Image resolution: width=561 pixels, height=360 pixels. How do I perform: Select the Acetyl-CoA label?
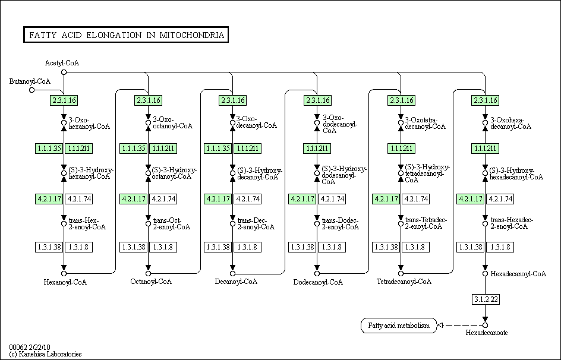pos(62,63)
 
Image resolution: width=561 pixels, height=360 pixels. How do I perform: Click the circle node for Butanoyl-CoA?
pos(32,90)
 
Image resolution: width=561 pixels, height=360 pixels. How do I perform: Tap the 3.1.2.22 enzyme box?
pos(486,299)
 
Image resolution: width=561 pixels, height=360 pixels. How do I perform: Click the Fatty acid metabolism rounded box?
pos(399,326)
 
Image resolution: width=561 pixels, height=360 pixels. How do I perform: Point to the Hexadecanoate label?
pos(487,333)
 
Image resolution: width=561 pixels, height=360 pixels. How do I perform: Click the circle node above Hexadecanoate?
pos(485,326)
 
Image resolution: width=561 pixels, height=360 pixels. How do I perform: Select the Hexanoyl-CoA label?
pos(65,282)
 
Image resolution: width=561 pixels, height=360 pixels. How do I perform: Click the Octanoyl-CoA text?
pos(151,282)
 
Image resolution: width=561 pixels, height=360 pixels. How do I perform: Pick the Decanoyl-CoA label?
pos(236,282)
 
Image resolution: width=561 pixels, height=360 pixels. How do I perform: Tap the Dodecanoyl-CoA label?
pos(318,282)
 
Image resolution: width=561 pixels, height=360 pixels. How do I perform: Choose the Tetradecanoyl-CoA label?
pos(404,282)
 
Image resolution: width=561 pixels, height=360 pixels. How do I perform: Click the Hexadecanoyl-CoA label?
pos(518,274)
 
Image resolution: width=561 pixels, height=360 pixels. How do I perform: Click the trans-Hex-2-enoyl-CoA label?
pos(87,223)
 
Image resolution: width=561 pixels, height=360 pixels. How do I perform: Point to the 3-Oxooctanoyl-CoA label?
pos(173,122)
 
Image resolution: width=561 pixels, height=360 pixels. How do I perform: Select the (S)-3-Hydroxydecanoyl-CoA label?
pos(260,173)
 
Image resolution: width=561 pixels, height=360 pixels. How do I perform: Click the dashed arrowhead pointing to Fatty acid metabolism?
pos(441,326)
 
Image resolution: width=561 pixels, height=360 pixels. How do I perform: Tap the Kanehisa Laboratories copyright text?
pos(45,354)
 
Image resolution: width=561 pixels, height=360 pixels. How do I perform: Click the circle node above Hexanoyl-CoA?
pos(64,273)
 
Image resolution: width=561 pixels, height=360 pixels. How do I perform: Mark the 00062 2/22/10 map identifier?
pos(30,347)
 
